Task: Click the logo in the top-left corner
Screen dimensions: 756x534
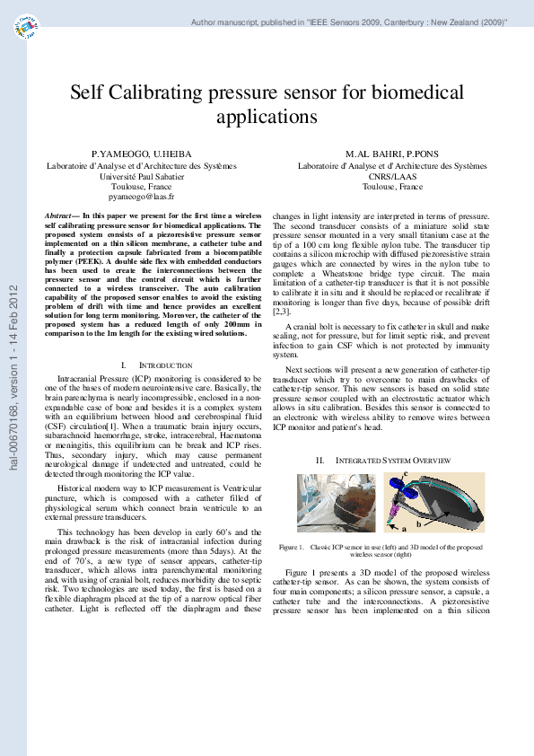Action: pos(29,30)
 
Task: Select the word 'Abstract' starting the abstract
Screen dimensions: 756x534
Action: pos(62,217)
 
